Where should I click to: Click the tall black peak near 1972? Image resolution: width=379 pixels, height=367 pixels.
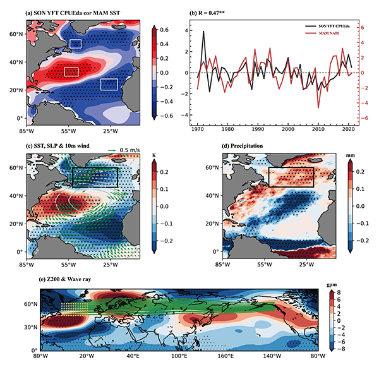(x=203, y=32)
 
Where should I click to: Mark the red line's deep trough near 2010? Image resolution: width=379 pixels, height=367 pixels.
(x=318, y=107)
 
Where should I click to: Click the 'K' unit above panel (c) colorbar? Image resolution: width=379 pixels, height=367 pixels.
(x=153, y=152)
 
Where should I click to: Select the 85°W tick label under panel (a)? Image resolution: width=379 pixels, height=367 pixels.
(x=27, y=131)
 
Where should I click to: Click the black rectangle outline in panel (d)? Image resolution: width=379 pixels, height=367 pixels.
(x=291, y=168)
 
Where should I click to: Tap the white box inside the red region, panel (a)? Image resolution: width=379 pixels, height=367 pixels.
(x=71, y=71)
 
